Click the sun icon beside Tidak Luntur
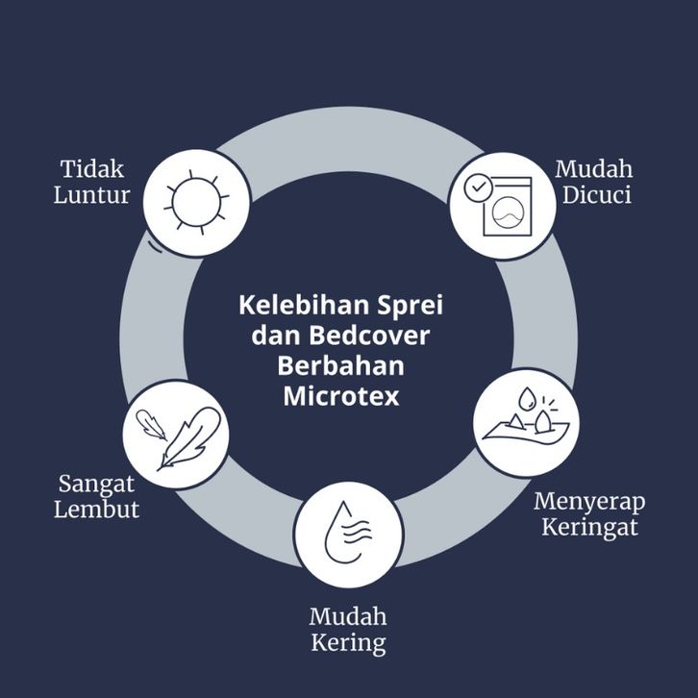[196, 202]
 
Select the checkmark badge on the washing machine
[478, 187]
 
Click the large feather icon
[189, 438]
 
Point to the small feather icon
[150, 424]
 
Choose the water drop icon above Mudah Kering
[348, 533]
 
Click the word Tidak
[92, 169]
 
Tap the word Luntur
[91, 195]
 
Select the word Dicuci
[596, 195]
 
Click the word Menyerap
[589, 501]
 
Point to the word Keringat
[589, 528]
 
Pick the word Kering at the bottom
[348, 643]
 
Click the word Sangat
[96, 484]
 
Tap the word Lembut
[96, 510]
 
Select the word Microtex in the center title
[341, 396]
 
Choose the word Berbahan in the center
[341, 365]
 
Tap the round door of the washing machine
[507, 213]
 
